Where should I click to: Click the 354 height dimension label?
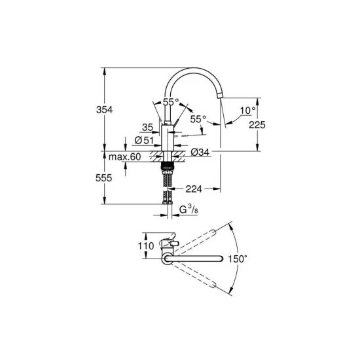pos(105,110)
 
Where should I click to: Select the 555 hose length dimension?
pos(104,178)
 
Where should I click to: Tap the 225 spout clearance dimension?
pos(257,125)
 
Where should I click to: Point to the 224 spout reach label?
pos(194,189)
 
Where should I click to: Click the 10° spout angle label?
pos(247,111)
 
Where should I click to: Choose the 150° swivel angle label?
pos(238,259)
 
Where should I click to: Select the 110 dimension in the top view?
pos(146,246)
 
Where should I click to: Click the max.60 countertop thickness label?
pos(124,157)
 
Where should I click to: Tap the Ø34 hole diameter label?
pos(200,152)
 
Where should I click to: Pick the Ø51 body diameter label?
pos(144,140)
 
